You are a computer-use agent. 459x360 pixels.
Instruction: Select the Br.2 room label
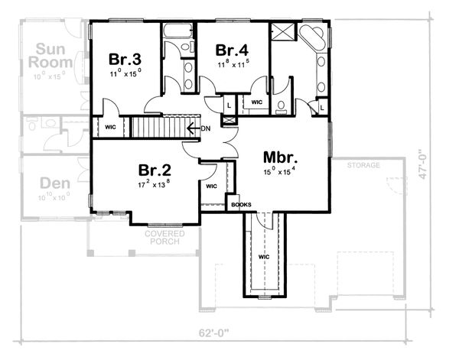pos(153,170)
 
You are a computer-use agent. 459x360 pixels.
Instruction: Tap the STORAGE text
pos(363,165)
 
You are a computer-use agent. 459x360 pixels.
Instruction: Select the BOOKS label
pos(242,205)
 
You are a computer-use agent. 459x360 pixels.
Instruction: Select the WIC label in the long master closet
pos(263,258)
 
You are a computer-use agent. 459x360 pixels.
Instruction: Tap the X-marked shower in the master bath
pos(282,33)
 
